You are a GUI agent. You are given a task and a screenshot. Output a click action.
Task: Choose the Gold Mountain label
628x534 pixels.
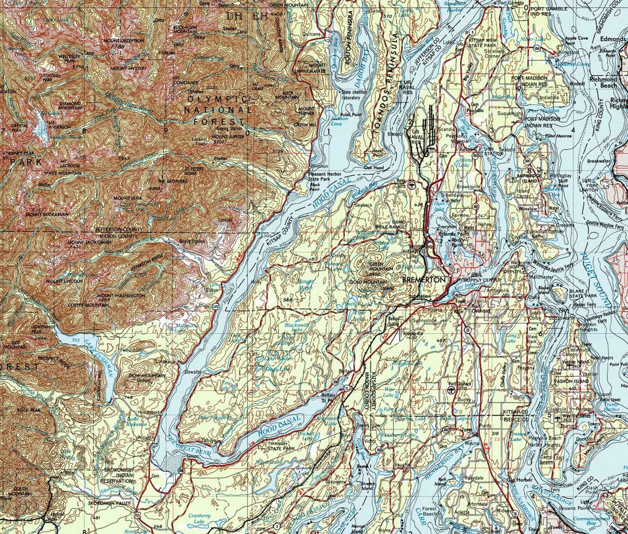[368, 282]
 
